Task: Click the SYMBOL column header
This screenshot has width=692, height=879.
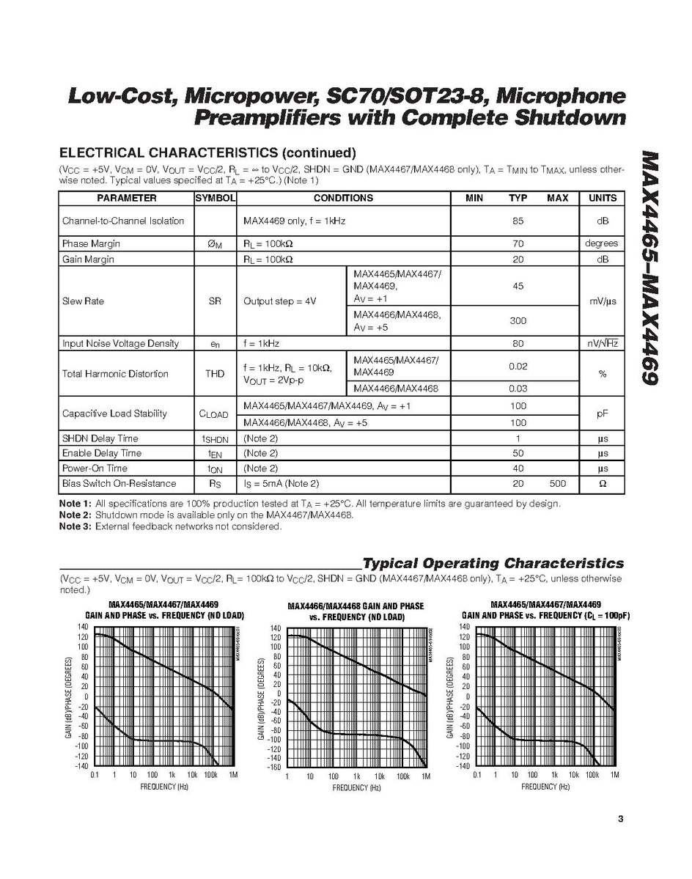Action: click(x=215, y=198)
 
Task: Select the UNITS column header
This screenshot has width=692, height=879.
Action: click(x=602, y=198)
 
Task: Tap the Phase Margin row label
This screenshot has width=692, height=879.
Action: click(x=91, y=243)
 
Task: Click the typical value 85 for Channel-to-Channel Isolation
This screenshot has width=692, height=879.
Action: click(x=518, y=221)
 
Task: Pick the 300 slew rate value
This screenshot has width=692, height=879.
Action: click(x=518, y=320)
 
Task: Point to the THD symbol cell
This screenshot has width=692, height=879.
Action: click(x=215, y=374)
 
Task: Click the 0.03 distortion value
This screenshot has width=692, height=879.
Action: click(x=518, y=389)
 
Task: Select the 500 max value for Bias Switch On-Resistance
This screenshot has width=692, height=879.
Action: click(x=557, y=484)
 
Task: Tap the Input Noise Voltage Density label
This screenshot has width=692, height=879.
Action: click(x=120, y=343)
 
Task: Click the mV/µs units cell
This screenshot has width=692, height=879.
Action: click(x=602, y=301)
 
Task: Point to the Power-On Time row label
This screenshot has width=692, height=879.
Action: click(x=95, y=468)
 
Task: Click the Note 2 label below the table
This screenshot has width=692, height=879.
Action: click(x=75, y=515)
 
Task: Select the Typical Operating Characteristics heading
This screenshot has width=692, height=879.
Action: click(x=493, y=563)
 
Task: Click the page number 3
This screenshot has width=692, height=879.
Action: click(x=620, y=819)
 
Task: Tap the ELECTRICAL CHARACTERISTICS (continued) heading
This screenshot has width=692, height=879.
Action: click(x=207, y=152)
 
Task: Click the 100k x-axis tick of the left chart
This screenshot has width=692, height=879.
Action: click(x=211, y=774)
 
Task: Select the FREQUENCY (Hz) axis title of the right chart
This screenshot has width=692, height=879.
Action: click(x=545, y=787)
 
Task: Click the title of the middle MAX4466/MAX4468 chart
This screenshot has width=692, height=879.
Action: click(x=356, y=611)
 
